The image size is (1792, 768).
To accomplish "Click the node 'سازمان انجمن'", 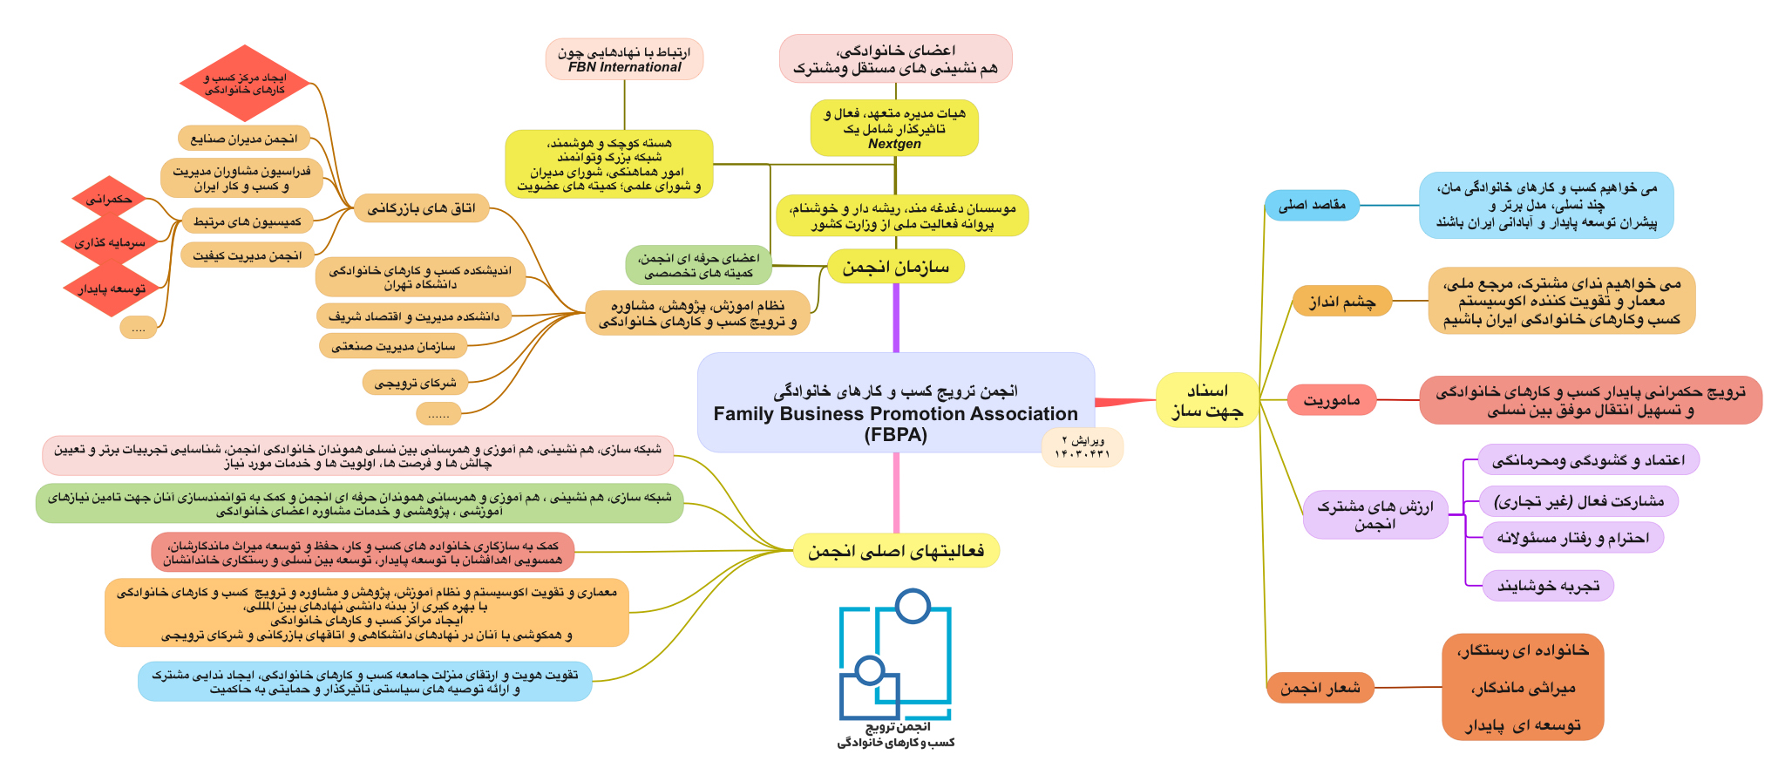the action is (x=895, y=266).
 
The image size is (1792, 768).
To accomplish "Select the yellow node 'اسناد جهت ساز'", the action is (x=1207, y=400).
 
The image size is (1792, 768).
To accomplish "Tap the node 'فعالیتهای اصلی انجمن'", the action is (x=896, y=551).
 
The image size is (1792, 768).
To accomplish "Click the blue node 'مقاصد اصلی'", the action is (x=1312, y=206).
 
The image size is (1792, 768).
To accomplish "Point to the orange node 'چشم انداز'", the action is (x=1342, y=302).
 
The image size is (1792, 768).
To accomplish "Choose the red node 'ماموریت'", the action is (x=1332, y=400).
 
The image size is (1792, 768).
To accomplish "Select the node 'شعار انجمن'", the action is (x=1320, y=688).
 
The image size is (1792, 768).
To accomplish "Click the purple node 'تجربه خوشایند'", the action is (x=1548, y=586).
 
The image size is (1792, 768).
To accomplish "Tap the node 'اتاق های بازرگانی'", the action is (x=421, y=208).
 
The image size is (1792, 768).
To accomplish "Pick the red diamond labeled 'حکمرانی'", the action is (x=110, y=200).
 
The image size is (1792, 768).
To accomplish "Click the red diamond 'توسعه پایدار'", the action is (x=110, y=289).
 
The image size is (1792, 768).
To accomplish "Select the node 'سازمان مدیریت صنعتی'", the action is (x=393, y=346).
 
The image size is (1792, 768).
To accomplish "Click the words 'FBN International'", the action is (x=624, y=67).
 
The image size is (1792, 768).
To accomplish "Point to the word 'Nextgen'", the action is (x=894, y=144).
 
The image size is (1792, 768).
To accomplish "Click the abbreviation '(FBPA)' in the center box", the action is (x=895, y=435).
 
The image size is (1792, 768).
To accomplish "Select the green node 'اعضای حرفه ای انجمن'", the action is (x=698, y=265).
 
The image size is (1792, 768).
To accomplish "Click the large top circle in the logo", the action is (x=913, y=606).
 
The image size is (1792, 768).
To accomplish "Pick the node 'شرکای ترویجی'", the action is (x=415, y=382).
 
